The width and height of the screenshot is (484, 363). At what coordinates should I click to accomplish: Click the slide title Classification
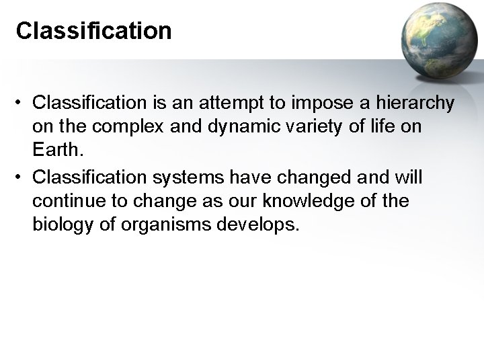coord(93,30)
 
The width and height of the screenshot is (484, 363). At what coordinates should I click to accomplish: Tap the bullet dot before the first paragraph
coord(22,104)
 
